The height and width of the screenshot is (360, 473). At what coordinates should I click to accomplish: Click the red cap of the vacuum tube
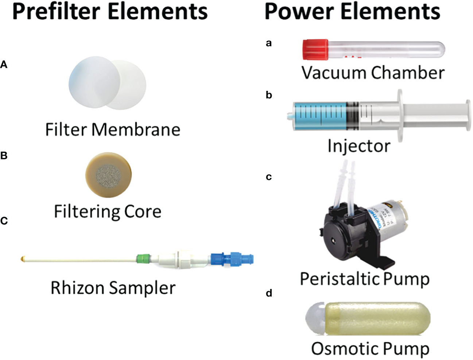click(315, 50)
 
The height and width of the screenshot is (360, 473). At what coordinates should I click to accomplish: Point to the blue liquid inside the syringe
click(321, 116)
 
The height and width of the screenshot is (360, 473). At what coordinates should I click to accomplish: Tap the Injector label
click(359, 146)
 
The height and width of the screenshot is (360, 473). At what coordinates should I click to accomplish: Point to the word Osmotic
click(342, 349)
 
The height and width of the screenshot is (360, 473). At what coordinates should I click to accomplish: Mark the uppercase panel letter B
click(4, 156)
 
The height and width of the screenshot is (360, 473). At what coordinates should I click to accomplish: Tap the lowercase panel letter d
click(269, 293)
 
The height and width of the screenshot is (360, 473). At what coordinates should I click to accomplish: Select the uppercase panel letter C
click(4, 221)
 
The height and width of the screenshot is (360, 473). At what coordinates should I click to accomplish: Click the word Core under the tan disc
click(143, 212)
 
